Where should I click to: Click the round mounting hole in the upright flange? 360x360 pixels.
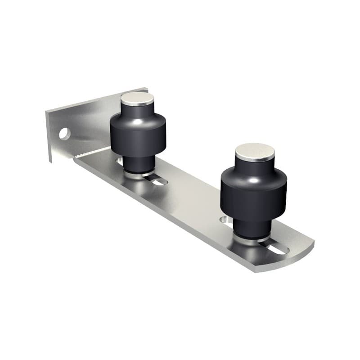[64, 134]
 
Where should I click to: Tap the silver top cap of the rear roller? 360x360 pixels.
[137, 99]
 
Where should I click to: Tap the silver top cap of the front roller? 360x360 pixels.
[254, 152]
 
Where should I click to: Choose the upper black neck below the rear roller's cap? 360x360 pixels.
[137, 109]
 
